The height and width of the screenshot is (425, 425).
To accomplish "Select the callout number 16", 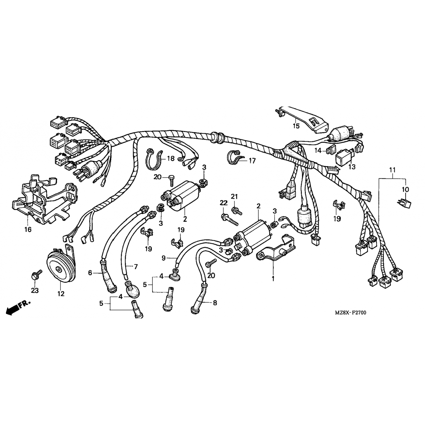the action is pos(28,229).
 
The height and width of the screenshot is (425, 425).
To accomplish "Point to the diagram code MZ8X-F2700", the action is pos(350,313).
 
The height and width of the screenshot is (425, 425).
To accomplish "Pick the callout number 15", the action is pos(296,126).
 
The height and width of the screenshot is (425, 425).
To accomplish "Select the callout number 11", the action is pos(392,170).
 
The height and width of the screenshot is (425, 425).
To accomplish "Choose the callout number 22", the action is pos(224,203).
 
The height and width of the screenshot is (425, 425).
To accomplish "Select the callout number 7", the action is pos(136,267).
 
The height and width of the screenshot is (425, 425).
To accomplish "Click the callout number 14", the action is pos(318,151).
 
